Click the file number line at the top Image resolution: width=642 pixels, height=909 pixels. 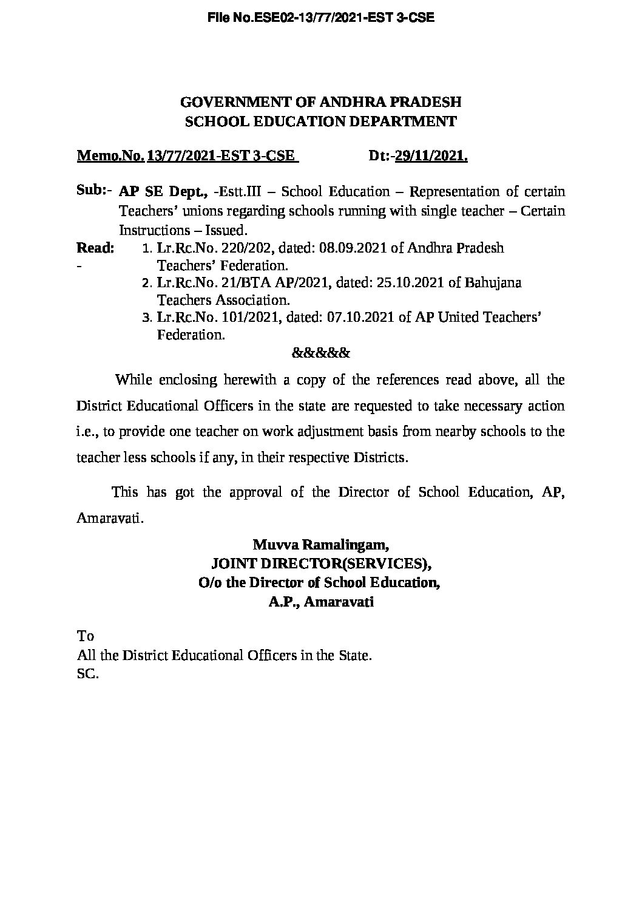[321, 18]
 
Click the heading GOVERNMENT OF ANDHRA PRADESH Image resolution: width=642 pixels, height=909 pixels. [321, 101]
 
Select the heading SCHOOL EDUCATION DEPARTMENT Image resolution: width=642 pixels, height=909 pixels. [321, 121]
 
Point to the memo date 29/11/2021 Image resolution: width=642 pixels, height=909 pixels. [431, 156]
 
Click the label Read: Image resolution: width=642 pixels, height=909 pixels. [95, 248]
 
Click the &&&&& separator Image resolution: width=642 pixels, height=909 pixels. [321, 352]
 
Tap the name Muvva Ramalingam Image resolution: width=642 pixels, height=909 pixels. [321, 543]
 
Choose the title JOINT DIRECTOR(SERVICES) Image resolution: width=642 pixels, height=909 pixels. [321, 563]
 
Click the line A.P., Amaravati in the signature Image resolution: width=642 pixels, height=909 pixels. [321, 602]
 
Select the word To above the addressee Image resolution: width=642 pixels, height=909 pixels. [86, 636]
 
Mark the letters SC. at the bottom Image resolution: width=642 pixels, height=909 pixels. [87, 674]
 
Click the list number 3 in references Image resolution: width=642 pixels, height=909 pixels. [145, 318]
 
